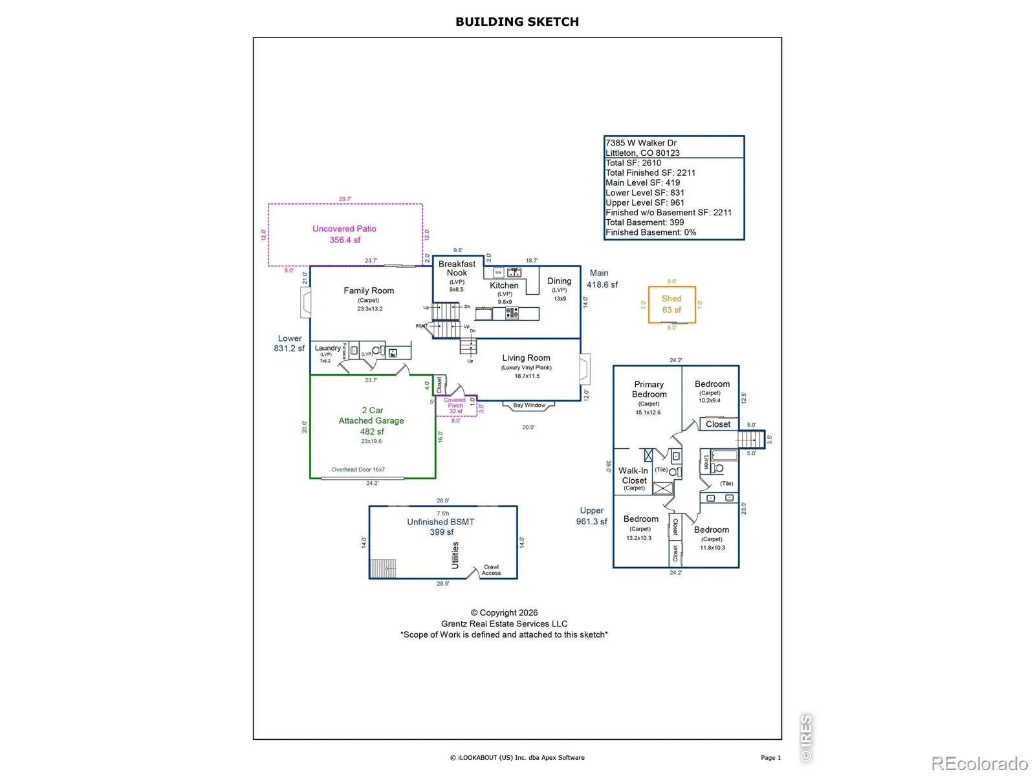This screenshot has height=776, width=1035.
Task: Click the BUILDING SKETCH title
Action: tap(517, 21)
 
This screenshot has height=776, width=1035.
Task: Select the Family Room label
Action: tap(369, 291)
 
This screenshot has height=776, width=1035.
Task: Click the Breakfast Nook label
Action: tap(457, 268)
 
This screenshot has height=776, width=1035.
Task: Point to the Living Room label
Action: tap(526, 358)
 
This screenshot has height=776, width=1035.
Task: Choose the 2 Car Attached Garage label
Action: tap(371, 415)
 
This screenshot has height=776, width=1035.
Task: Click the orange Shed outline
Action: tap(671, 304)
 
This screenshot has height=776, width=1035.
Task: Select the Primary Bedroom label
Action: tap(649, 389)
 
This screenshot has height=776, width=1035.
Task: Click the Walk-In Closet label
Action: tap(634, 476)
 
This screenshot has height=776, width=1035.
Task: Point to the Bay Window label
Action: tap(529, 405)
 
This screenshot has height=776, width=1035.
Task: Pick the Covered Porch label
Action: tap(455, 403)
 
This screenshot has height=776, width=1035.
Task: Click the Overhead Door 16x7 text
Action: tap(358, 469)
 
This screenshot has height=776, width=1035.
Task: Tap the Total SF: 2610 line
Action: tap(633, 163)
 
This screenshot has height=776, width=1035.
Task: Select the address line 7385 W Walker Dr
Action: tap(641, 143)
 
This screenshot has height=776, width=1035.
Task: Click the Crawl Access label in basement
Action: tap(491, 570)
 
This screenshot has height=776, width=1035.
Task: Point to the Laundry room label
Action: tap(327, 348)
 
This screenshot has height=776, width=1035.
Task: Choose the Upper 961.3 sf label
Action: tap(591, 516)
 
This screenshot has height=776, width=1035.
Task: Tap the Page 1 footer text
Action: tap(770, 757)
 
